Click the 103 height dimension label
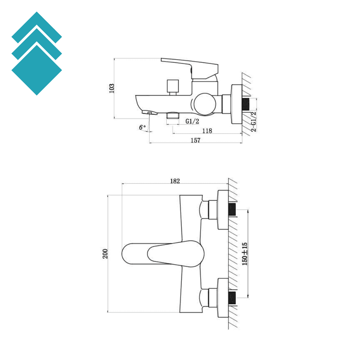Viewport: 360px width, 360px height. (x=112, y=88)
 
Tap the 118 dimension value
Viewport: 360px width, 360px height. (x=207, y=131)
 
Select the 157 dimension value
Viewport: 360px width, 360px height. (x=195, y=140)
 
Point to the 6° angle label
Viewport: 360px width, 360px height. (x=142, y=127)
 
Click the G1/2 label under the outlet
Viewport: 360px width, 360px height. (x=193, y=121)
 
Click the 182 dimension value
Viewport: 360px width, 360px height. (x=175, y=181)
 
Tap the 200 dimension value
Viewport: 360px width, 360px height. (x=105, y=253)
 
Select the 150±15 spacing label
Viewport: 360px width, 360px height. (x=245, y=253)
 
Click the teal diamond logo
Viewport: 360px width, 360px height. (x=37, y=53)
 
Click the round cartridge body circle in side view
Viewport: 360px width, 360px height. (x=204, y=104)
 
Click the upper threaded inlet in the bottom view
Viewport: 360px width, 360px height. (x=232, y=210)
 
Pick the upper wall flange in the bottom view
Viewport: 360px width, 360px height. (x=223, y=210)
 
